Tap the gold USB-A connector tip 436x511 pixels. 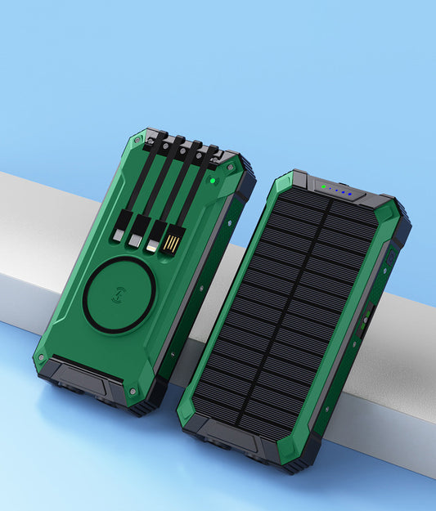pos(171,244)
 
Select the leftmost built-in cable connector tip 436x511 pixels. pos(119,232)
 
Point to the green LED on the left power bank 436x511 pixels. pos(212,178)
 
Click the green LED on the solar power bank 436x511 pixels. pos(325,187)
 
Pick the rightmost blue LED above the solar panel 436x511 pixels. pos(350,195)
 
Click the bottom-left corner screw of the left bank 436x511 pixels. pos(40,357)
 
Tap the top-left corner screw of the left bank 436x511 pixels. pos(131,152)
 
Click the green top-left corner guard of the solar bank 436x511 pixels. pos(283,185)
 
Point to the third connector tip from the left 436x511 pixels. pos(152,240)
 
